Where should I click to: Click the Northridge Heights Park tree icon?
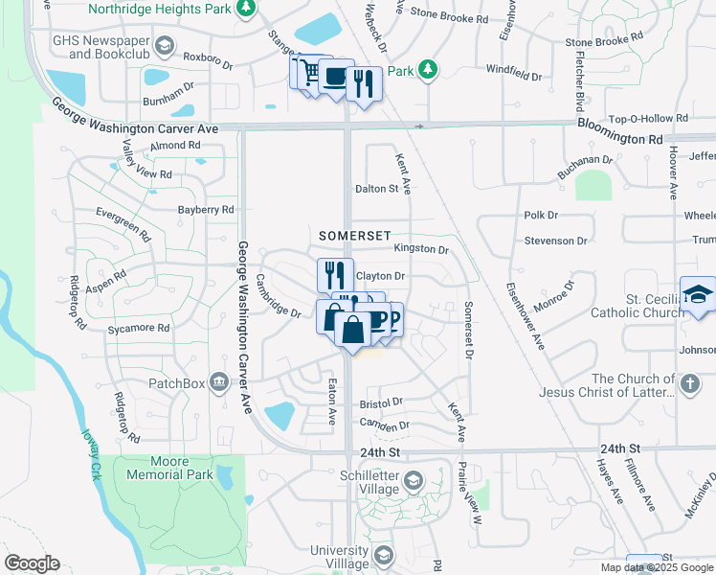(x=246, y=9)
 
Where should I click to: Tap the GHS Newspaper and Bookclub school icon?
(x=165, y=47)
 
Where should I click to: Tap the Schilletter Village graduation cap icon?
(x=413, y=481)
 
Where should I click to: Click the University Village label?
(x=339, y=557)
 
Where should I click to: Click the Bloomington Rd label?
(x=620, y=138)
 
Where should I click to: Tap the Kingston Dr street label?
(x=421, y=249)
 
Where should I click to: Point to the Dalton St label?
(x=376, y=189)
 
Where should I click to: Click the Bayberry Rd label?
(x=206, y=209)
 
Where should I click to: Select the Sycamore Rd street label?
(x=139, y=328)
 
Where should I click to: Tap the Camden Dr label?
(x=385, y=424)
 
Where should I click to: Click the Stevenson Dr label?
(x=555, y=241)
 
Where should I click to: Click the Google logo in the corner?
(x=32, y=563)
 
